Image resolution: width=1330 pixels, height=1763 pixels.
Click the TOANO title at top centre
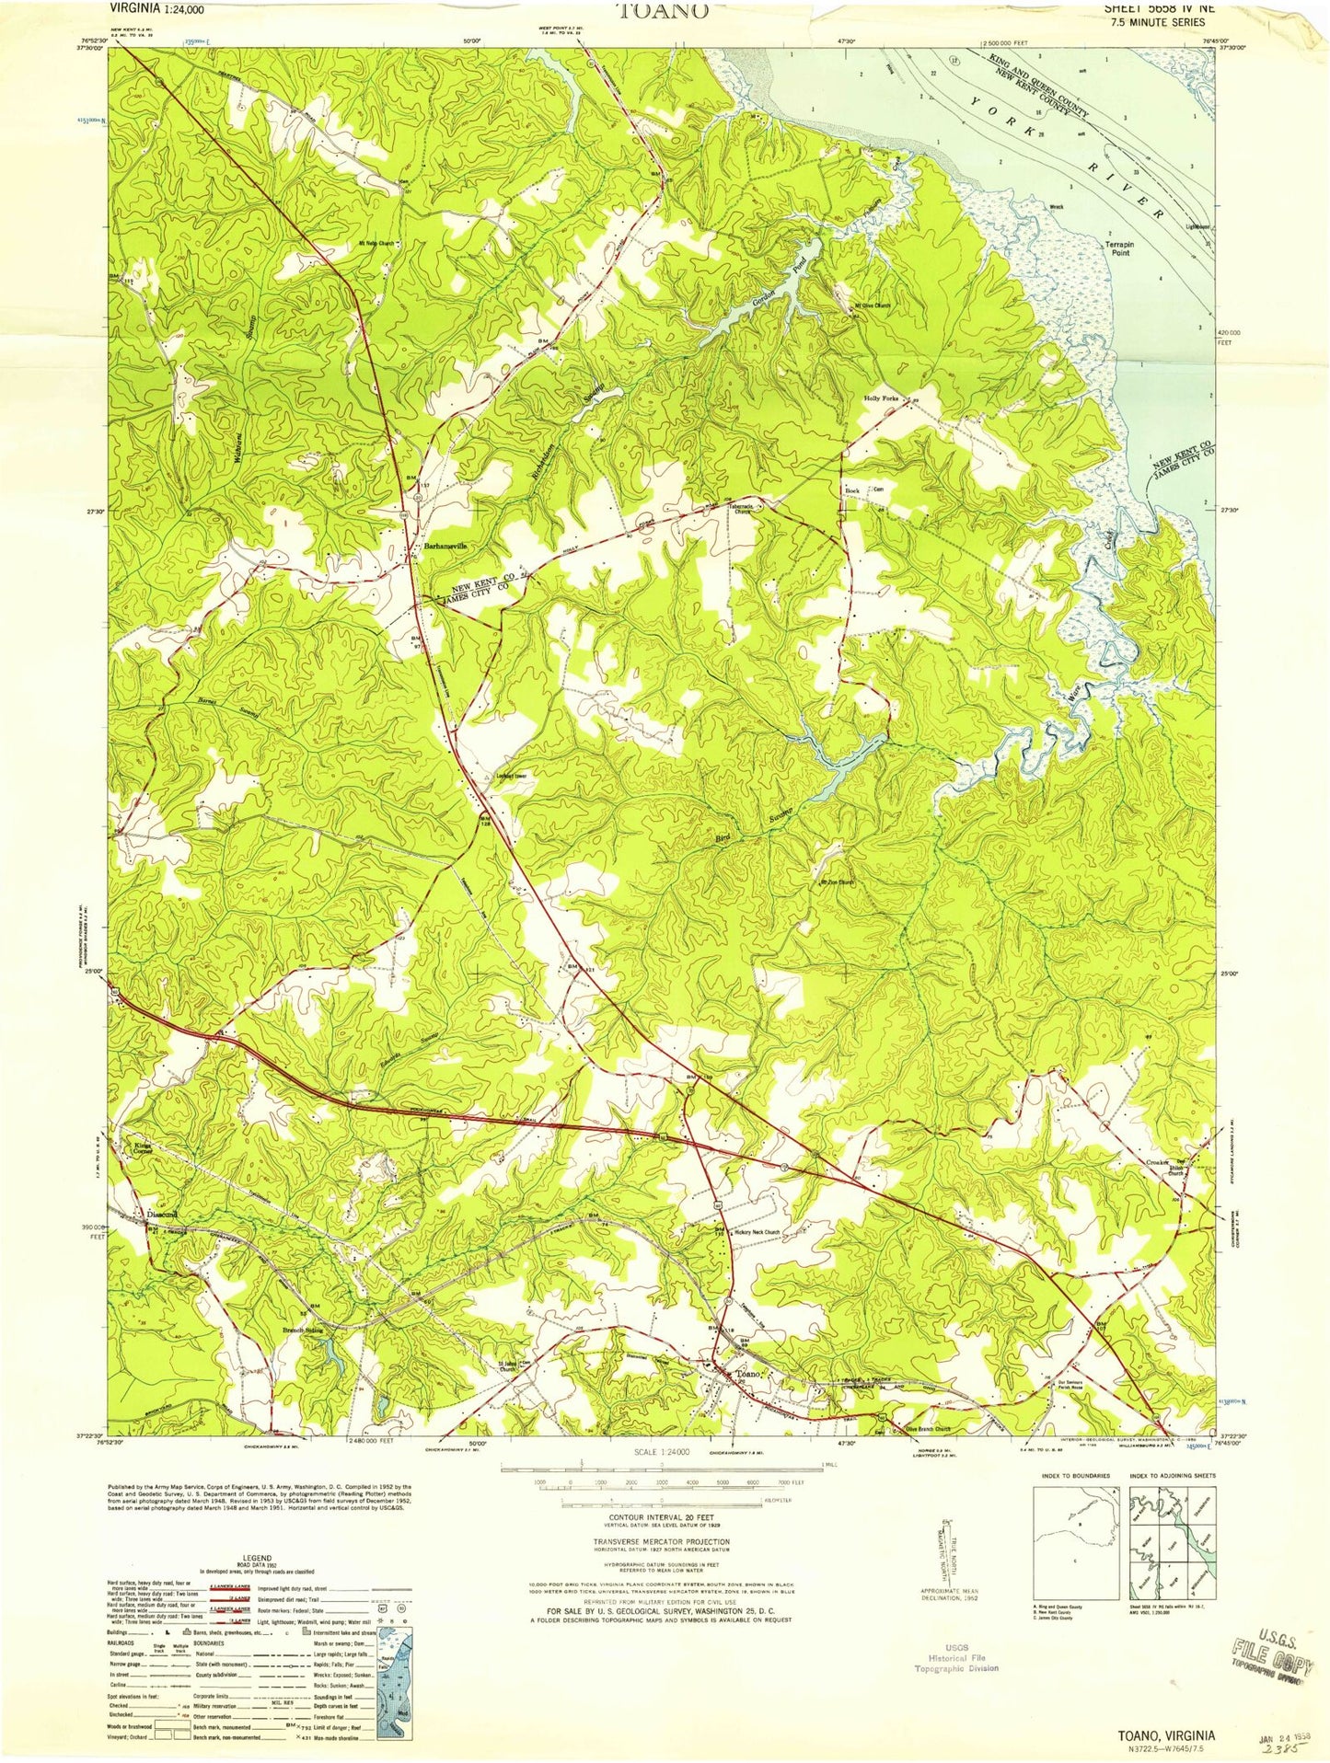click(x=664, y=11)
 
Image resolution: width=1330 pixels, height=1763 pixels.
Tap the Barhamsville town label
click(x=445, y=546)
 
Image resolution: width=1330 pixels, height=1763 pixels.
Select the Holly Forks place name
click(x=881, y=398)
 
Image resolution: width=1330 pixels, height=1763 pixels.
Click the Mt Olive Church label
click(x=873, y=305)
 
